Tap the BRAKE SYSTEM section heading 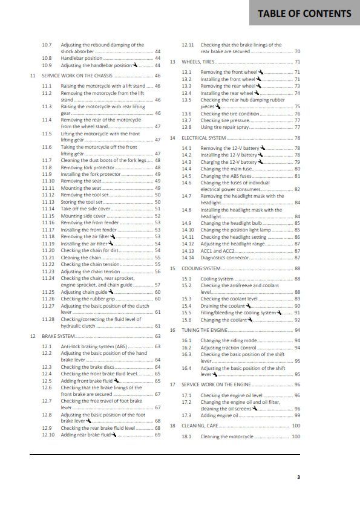(58, 336)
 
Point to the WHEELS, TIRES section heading (202, 62)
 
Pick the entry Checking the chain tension (91, 264)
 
